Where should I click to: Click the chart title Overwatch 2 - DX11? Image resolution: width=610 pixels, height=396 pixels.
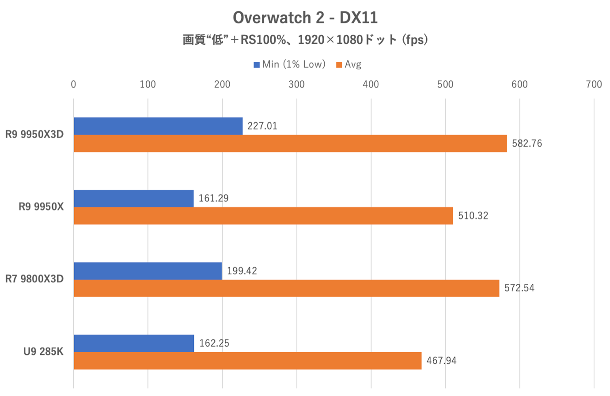click(305, 18)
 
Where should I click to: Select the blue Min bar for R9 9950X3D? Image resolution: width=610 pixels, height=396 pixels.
click(158, 126)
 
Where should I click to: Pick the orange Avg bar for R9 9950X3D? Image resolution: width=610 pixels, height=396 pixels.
click(290, 143)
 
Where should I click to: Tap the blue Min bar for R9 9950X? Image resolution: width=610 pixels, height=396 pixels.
click(133, 199)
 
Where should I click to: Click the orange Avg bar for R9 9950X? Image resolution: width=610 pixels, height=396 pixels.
click(263, 216)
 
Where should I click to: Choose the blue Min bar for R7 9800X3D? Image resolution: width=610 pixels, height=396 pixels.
click(148, 271)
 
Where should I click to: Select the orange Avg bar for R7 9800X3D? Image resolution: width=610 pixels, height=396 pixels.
click(286, 288)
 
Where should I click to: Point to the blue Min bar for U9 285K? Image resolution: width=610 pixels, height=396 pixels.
click(134, 343)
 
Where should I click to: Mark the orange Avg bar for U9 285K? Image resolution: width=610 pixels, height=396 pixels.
click(247, 361)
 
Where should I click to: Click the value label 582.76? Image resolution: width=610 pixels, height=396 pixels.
click(527, 143)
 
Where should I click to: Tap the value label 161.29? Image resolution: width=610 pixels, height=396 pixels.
click(213, 198)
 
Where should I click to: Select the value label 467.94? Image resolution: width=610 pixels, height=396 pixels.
click(441, 361)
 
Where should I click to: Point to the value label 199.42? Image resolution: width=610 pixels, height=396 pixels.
click(242, 271)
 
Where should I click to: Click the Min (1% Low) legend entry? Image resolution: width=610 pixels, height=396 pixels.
click(290, 64)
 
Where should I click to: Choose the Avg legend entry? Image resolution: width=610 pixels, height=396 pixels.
click(349, 64)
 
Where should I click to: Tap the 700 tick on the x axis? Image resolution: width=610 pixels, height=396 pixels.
click(594, 84)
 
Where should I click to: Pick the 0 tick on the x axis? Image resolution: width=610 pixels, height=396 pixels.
click(73, 84)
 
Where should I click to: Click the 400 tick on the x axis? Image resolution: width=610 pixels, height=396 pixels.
click(371, 84)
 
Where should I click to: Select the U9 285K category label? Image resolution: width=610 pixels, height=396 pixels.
click(43, 352)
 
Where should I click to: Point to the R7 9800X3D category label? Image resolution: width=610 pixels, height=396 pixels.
click(34, 279)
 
